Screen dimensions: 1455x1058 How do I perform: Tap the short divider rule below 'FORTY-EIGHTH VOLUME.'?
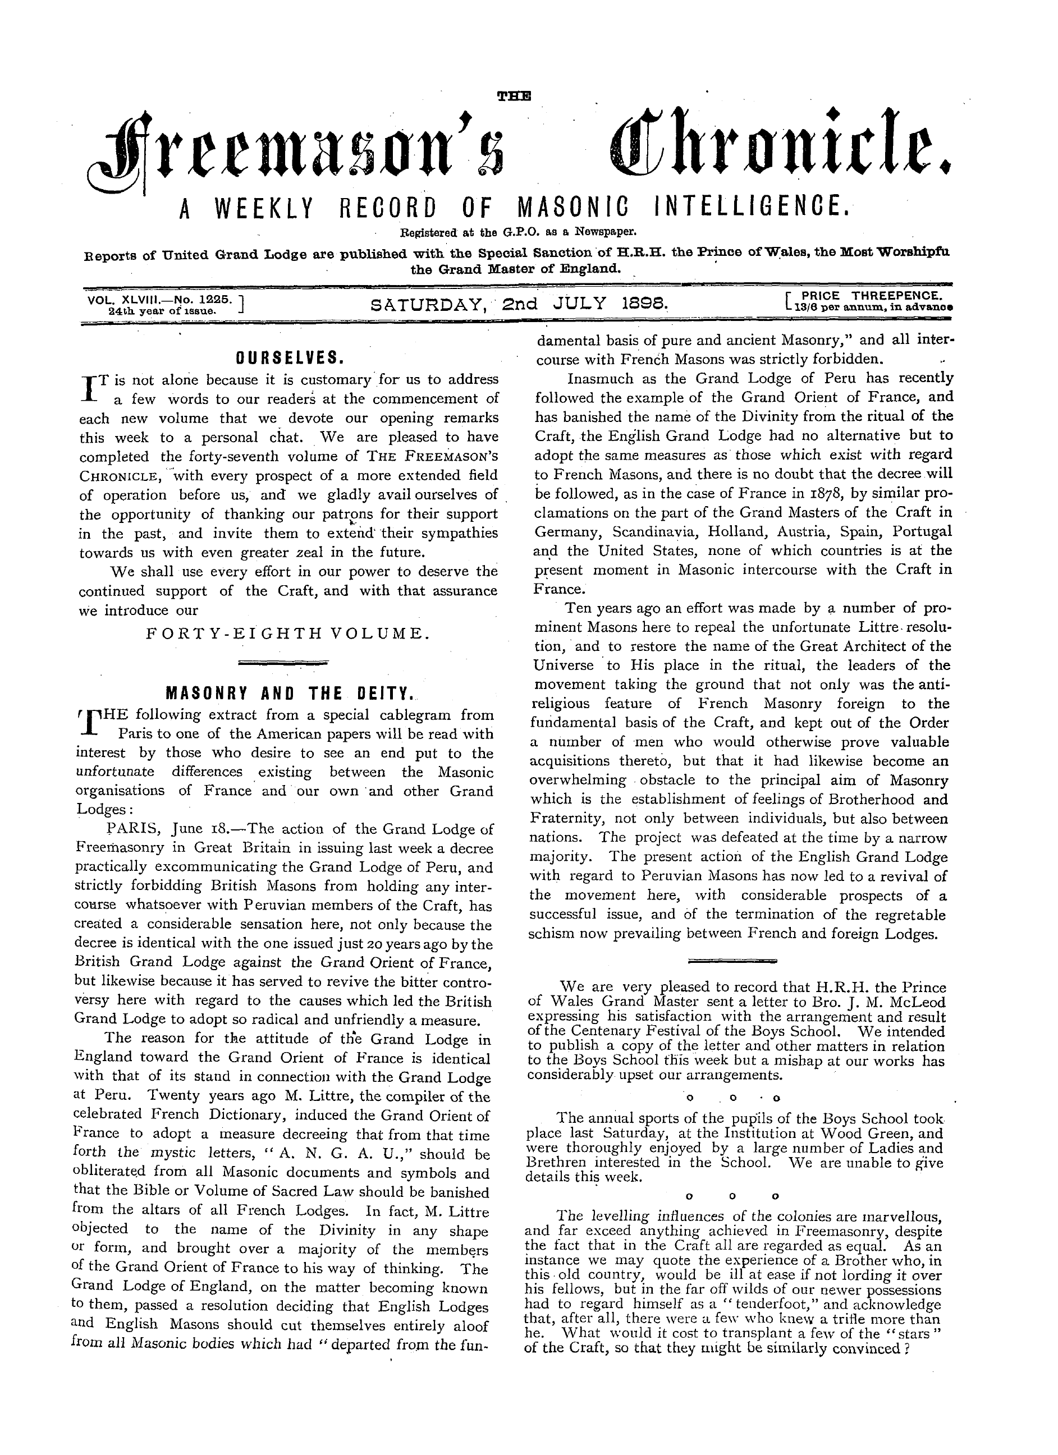point(283,661)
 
